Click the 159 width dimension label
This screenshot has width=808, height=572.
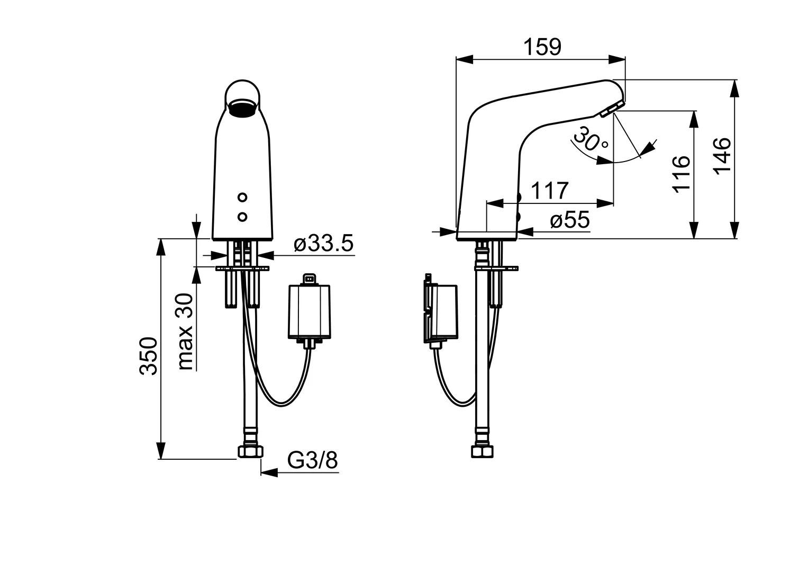coord(542,47)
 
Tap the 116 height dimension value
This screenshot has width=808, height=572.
coord(682,174)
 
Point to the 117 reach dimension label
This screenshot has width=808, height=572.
coord(549,191)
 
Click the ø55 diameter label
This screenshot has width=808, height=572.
coord(569,220)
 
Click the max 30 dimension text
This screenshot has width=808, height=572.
coord(185,331)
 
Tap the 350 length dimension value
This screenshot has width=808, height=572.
coord(149,355)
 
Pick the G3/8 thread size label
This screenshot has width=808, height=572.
coord(312,460)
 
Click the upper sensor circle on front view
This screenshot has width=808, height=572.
coord(242,198)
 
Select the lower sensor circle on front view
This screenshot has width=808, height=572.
coord(242,216)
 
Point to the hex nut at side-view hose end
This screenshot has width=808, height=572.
coord(482,451)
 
